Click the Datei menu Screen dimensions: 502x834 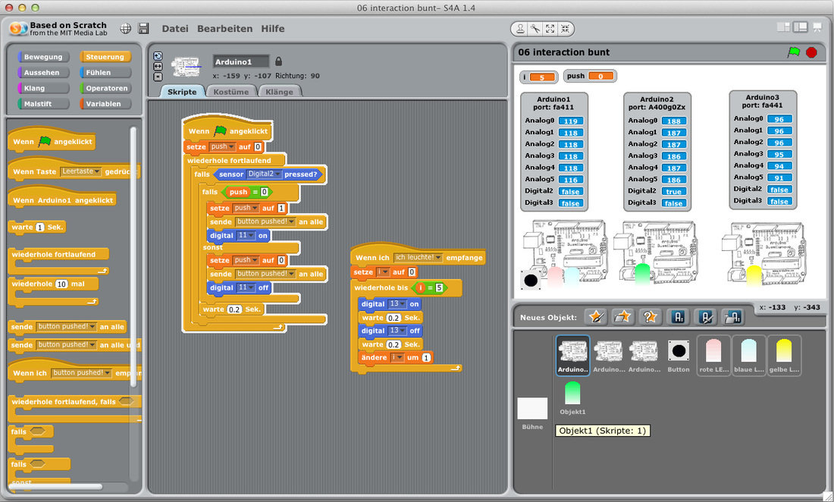tap(175, 29)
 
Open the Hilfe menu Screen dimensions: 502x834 tap(273, 29)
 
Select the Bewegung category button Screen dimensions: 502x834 tap(43, 57)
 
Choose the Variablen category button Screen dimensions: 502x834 tap(104, 104)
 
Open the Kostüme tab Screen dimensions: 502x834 tap(230, 92)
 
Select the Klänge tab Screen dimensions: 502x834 tap(280, 92)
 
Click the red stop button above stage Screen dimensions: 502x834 tap(811, 52)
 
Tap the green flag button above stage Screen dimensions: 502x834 tap(794, 52)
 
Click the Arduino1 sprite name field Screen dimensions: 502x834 tap(241, 61)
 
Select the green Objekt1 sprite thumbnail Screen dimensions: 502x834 tap(572, 394)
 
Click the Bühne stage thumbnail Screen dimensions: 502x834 tap(532, 409)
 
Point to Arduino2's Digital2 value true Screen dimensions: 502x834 tap(673, 192)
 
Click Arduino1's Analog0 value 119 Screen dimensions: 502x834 tap(570, 121)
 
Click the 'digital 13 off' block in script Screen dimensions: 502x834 tap(390, 331)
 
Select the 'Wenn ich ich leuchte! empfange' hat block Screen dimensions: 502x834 tap(417, 258)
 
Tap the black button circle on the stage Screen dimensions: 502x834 tap(531, 281)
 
